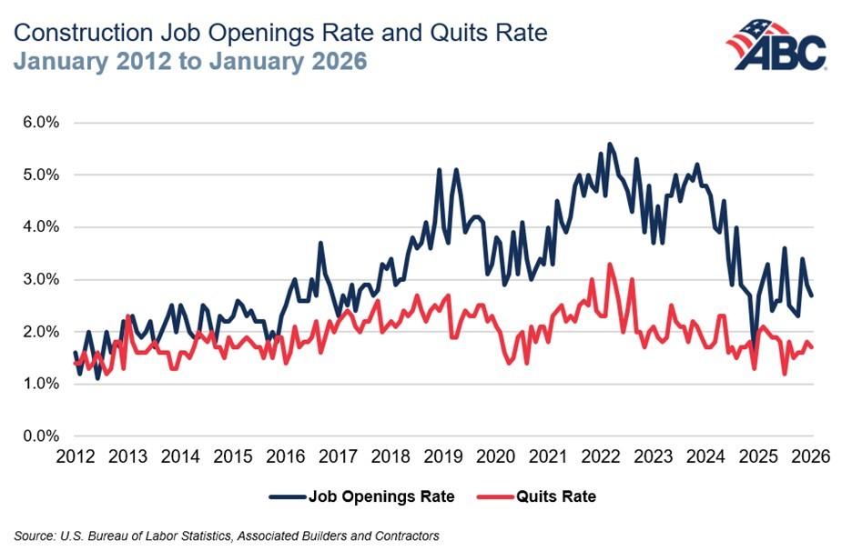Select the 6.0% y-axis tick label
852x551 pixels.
[x=41, y=122]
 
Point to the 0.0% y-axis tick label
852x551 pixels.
[x=41, y=436]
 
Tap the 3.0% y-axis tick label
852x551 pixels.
[x=41, y=279]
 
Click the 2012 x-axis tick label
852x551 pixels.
[x=76, y=456]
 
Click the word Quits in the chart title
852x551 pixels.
[x=418, y=34]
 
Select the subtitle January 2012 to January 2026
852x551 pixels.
[x=191, y=65]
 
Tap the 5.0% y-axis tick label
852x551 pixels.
[x=41, y=175]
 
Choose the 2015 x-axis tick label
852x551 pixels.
[x=234, y=456]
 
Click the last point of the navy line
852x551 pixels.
[x=812, y=296]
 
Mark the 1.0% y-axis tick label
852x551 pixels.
[x=41, y=384]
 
